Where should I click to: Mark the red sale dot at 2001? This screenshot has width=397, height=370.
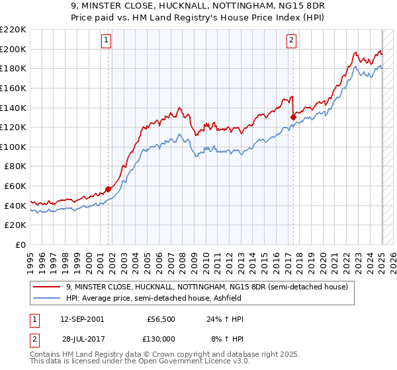[x=109, y=190]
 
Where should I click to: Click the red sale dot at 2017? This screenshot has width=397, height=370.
[x=293, y=118]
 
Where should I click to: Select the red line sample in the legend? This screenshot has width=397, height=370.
[x=47, y=287]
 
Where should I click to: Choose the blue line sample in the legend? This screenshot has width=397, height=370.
[x=47, y=299]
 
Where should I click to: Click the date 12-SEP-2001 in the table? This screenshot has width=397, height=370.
[x=82, y=319]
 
